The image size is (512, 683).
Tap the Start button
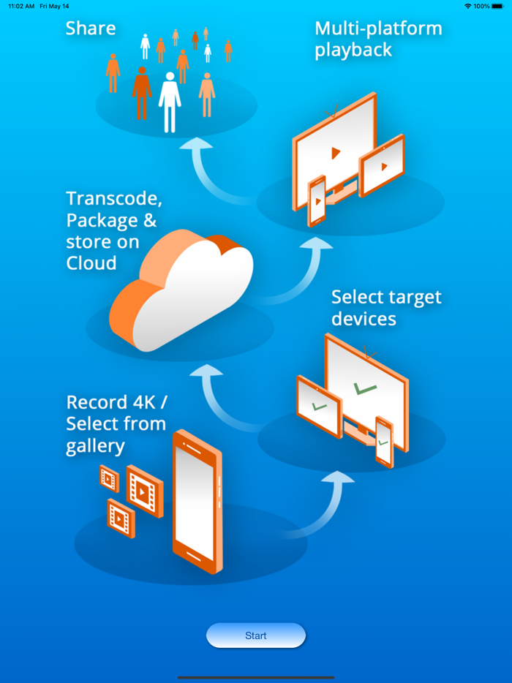[255, 635]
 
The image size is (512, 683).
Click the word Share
[91, 29]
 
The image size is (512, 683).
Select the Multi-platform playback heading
[378, 39]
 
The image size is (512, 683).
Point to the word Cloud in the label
[91, 263]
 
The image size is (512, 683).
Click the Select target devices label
[386, 308]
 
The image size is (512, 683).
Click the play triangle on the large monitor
[335, 153]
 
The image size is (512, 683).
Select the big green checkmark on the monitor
[364, 389]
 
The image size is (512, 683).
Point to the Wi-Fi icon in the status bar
[467, 6]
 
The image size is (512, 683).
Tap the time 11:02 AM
[21, 6]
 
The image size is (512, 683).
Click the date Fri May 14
[55, 6]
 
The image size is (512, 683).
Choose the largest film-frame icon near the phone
[143, 490]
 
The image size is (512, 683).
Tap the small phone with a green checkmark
[384, 441]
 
